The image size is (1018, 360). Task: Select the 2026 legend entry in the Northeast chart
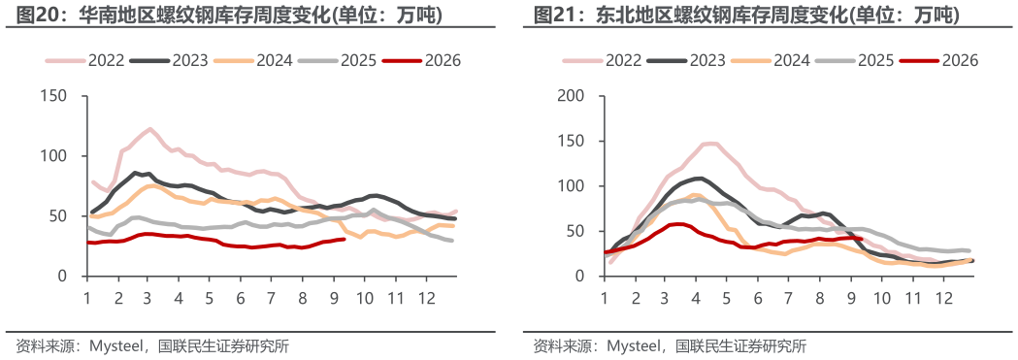(938, 60)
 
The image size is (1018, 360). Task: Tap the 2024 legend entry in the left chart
(252, 60)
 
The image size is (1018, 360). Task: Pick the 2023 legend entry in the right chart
(687, 60)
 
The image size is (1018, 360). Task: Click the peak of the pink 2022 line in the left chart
(150, 128)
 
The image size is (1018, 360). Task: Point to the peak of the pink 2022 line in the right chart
(711, 144)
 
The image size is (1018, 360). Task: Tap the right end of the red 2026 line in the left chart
(344, 240)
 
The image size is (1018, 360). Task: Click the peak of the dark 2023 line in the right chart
(698, 178)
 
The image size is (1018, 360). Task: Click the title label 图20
(34, 15)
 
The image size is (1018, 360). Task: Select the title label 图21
(552, 15)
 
